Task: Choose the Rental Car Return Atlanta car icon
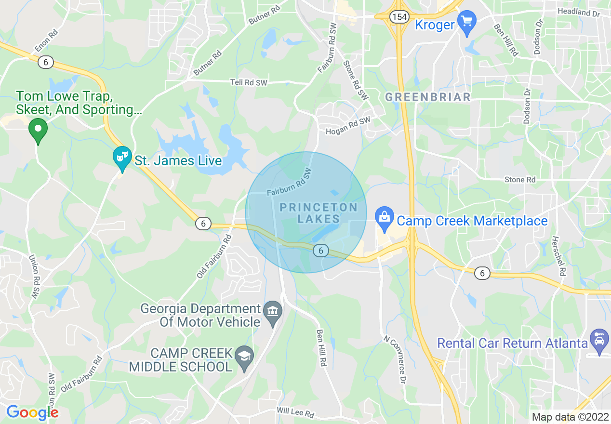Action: pyautogui.click(x=599, y=342)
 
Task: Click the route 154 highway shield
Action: pyautogui.click(x=399, y=17)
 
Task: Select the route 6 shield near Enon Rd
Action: pyautogui.click(x=46, y=62)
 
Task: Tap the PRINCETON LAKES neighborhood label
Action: pyautogui.click(x=319, y=213)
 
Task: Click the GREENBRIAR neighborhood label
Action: pyautogui.click(x=428, y=97)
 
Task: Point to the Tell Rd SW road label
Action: pyautogui.click(x=249, y=83)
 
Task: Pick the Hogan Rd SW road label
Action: pyautogui.click(x=348, y=126)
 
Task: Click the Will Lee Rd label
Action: pyautogui.click(x=295, y=413)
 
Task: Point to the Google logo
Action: pyautogui.click(x=32, y=412)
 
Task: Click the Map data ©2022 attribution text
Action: pyautogui.click(x=570, y=417)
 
